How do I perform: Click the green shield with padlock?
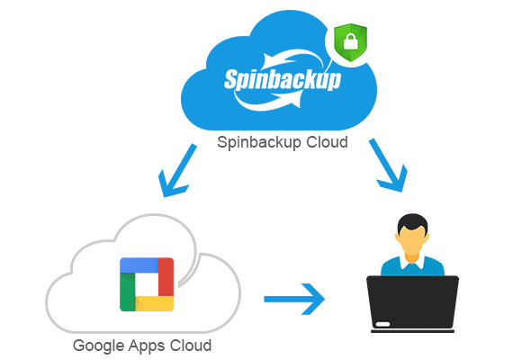(x=350, y=42)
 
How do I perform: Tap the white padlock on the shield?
(x=351, y=41)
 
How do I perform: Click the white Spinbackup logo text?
(x=283, y=80)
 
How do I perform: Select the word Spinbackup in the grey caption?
(x=259, y=142)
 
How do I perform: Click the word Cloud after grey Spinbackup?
(x=327, y=142)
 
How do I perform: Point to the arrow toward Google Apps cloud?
(x=177, y=170)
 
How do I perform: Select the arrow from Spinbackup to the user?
(x=388, y=166)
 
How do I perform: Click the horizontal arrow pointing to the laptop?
(x=294, y=299)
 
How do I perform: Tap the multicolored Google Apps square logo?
(x=147, y=284)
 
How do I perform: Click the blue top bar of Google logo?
(x=139, y=265)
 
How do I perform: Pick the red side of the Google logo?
(x=166, y=276)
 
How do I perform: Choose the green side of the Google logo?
(x=128, y=292)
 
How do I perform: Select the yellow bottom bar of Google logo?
(x=155, y=303)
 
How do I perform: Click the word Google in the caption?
(x=99, y=346)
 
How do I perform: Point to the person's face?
(x=412, y=240)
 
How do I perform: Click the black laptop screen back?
(x=412, y=302)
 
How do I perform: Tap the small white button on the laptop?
(x=382, y=324)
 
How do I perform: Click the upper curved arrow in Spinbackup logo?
(x=293, y=60)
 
